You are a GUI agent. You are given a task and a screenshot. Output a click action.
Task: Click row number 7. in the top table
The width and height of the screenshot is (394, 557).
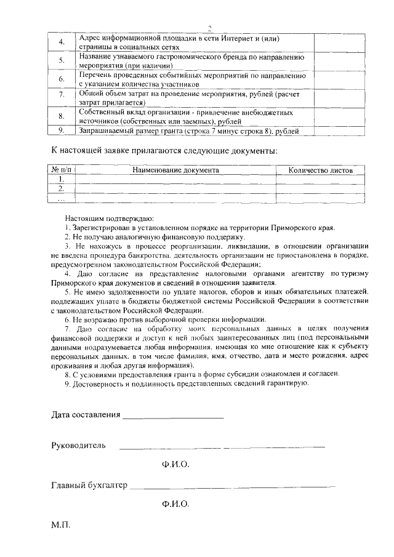[x=62, y=94]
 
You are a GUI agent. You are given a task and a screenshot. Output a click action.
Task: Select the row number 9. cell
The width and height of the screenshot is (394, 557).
[x=62, y=130]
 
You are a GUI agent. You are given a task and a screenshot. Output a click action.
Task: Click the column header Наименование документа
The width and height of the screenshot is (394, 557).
[x=175, y=170]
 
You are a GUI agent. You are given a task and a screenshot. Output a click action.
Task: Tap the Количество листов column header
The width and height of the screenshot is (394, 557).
[x=320, y=170]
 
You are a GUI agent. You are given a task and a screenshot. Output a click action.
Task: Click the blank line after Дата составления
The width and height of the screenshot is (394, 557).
[x=173, y=417]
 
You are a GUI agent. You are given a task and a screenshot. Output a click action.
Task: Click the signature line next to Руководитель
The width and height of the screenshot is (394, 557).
[x=222, y=446]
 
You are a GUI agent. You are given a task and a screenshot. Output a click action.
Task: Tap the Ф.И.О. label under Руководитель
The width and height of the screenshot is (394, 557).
[x=175, y=463]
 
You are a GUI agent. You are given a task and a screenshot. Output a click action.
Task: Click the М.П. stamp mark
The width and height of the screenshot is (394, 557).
[x=61, y=527]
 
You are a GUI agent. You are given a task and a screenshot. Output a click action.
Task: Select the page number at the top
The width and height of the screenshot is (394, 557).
[x=209, y=27]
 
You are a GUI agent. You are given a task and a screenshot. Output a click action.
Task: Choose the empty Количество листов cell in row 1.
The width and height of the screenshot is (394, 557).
[x=320, y=180]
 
